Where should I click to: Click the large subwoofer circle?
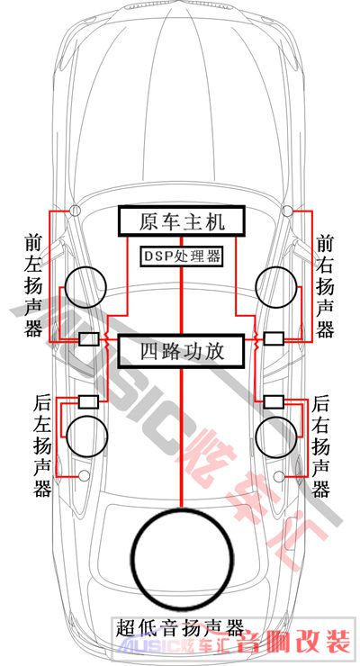coord(132,555)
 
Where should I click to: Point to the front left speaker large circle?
coord(66,287)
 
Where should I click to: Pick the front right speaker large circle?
coord(256,287)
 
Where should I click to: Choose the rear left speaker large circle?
coord(67,436)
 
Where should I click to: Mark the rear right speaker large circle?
coord(257,436)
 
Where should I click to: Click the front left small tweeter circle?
coord(75,210)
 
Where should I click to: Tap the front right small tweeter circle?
coord(287,210)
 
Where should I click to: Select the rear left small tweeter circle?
coord(85,476)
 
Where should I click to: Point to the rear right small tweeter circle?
coord(279,477)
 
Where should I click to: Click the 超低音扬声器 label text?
coord(180,628)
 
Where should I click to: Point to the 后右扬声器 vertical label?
coord(321,446)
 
